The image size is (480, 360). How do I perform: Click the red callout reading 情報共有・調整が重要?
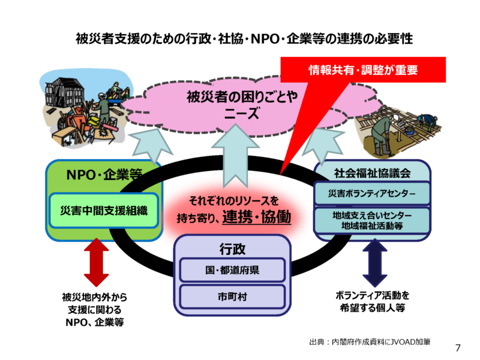tap(363, 70)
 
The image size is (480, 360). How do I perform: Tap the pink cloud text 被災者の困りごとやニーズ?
tap(242, 104)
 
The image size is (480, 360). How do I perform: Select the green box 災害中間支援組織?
tap(104, 211)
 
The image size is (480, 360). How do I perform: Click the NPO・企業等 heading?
tap(104, 175)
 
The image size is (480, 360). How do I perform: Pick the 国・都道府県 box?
tap(232, 270)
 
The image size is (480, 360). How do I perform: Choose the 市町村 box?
tap(232, 296)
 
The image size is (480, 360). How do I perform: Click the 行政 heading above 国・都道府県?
tap(232, 249)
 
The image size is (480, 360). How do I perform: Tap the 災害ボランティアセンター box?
tap(372, 193)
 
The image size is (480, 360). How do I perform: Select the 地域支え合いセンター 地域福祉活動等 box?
tap(372, 221)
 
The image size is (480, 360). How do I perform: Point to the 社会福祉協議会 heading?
tap(372, 173)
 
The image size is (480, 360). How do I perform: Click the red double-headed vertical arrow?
tap(97, 263)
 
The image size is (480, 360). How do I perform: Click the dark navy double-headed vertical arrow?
tap(375, 263)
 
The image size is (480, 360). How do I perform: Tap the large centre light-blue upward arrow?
tap(235, 155)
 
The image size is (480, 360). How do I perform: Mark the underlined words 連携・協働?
tap(257, 217)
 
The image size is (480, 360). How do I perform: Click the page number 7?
tap(458, 348)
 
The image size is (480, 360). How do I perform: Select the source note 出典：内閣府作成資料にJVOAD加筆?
tap(370, 341)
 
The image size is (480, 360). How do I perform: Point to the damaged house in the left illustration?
tap(64, 92)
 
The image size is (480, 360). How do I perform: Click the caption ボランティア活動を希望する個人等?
tap(373, 302)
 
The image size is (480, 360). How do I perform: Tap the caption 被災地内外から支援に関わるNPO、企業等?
tap(95, 310)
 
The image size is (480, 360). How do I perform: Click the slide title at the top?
tap(244, 39)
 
